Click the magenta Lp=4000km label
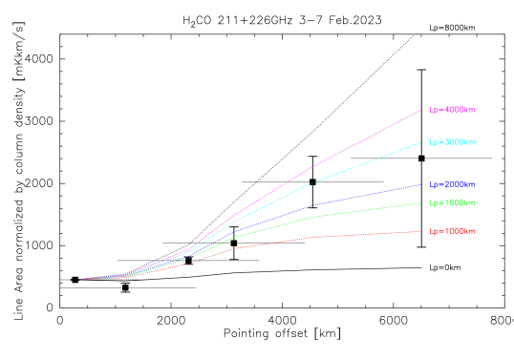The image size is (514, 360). (x=452, y=110)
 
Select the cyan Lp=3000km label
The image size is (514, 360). (x=452, y=142)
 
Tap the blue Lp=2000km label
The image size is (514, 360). (x=452, y=184)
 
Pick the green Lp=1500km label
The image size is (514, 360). (x=452, y=203)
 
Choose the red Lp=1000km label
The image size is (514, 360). (x=452, y=232)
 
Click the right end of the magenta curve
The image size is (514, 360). (x=420, y=111)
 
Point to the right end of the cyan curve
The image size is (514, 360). (x=420, y=142)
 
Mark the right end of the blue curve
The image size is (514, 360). (x=420, y=184)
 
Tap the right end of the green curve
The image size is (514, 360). (x=420, y=203)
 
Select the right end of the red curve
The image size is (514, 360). (x=420, y=231)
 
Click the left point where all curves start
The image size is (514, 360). (x=75, y=280)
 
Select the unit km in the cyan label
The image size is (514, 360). (x=469, y=142)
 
